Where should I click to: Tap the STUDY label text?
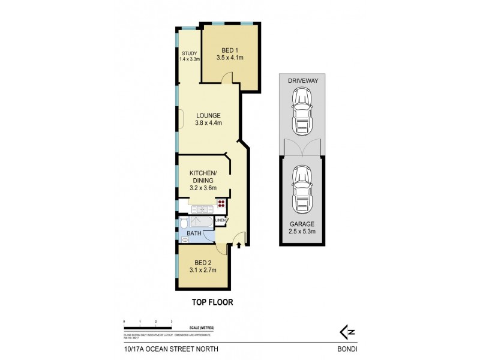[x=189, y=53]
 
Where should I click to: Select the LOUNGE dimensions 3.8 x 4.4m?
[x=208, y=124]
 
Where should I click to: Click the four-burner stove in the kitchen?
[x=221, y=203]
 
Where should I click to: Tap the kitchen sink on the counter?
[x=200, y=208]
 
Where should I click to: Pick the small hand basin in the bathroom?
[x=185, y=239]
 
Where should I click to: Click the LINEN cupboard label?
[x=220, y=220]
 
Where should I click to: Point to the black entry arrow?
[x=239, y=245]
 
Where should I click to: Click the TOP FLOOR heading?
[x=208, y=303]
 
